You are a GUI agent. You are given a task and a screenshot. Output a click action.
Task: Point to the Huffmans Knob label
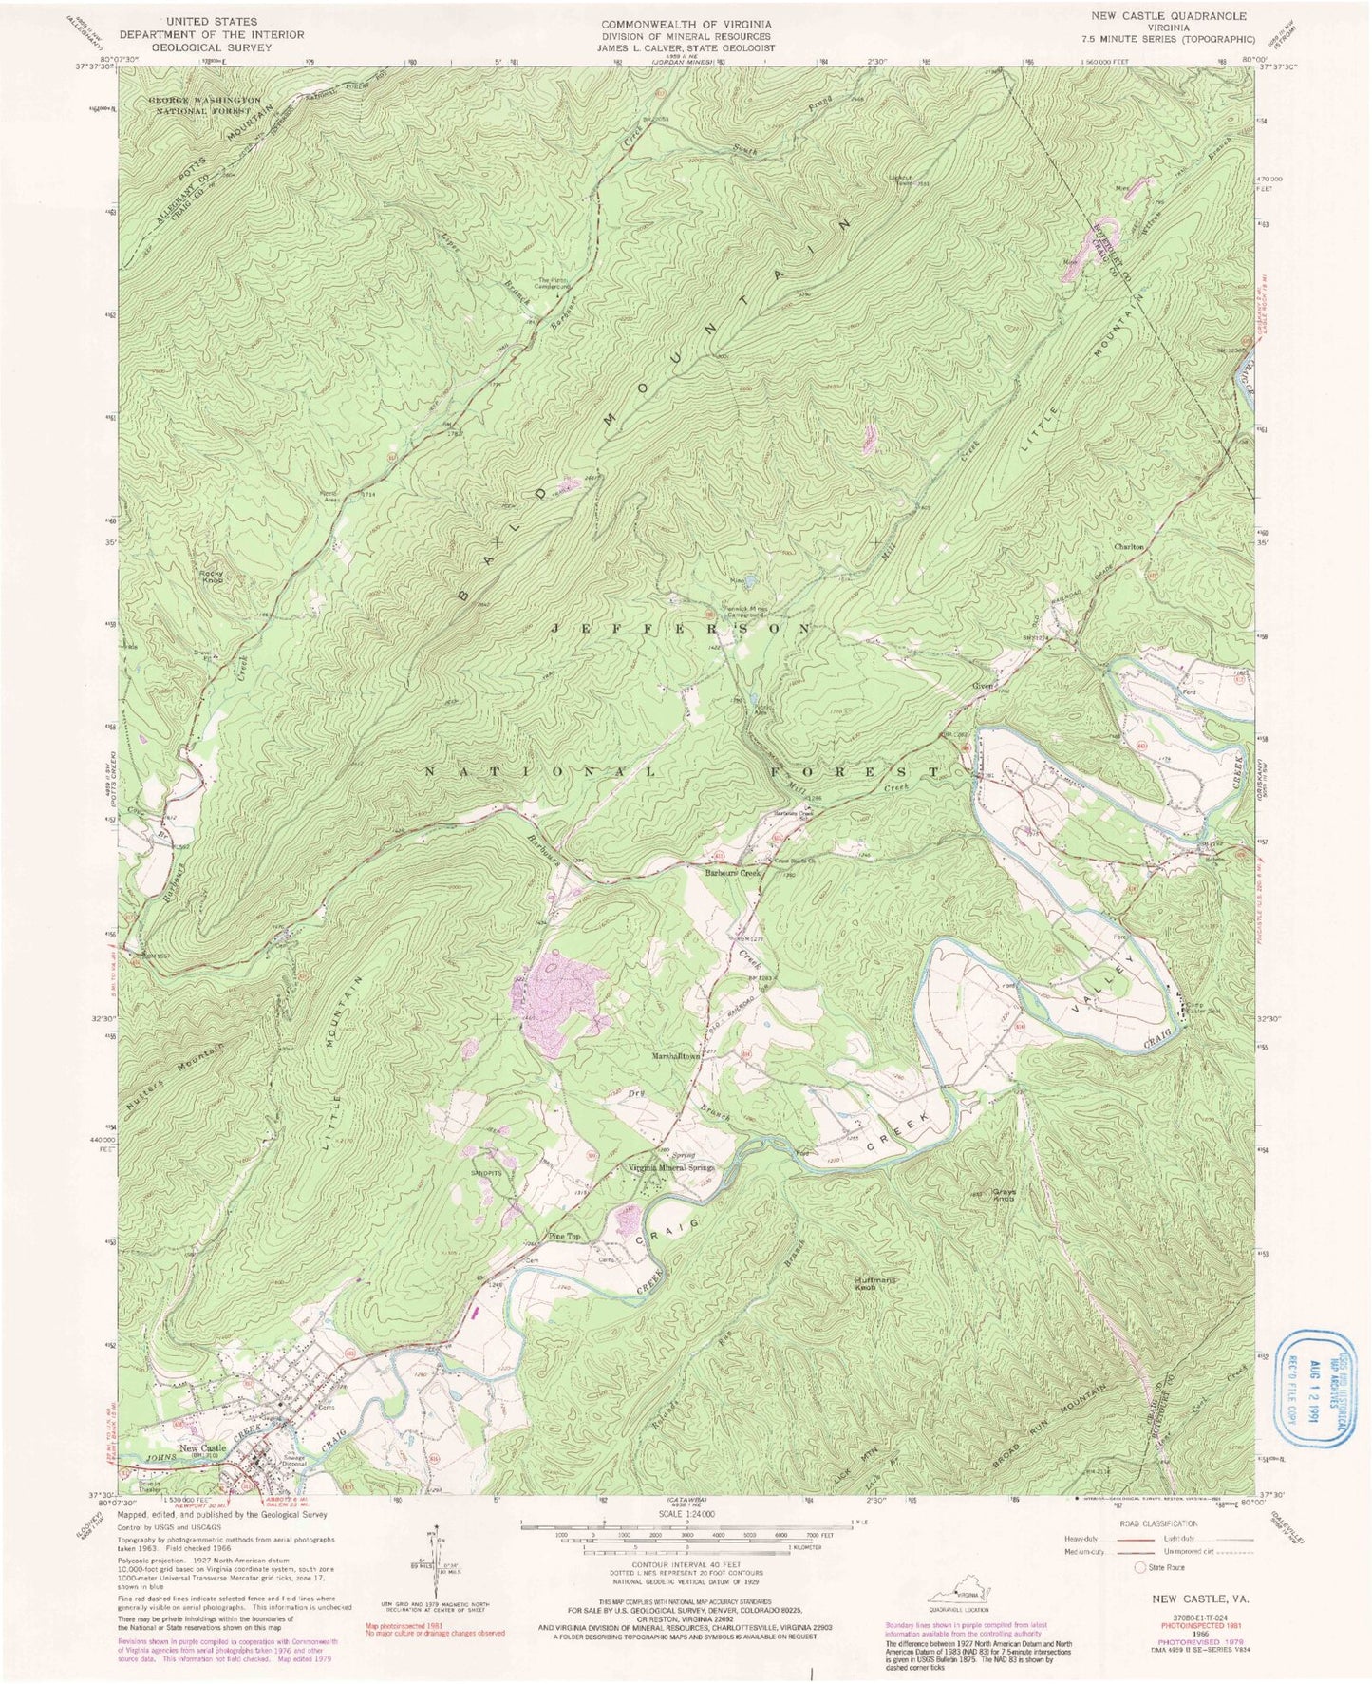point(874,1283)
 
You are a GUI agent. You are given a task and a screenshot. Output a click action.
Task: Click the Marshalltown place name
point(675,1055)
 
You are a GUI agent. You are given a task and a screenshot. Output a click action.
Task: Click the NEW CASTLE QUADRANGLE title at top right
point(1175,17)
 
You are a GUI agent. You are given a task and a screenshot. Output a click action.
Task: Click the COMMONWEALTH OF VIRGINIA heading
point(686,24)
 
